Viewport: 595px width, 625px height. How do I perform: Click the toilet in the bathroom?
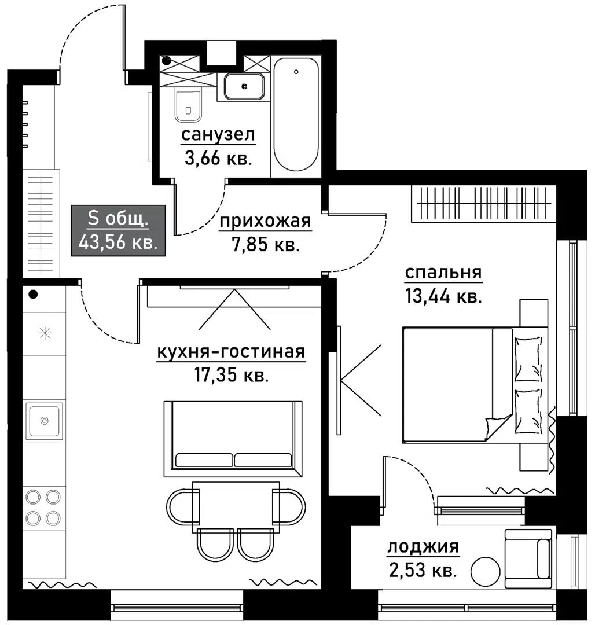(188, 106)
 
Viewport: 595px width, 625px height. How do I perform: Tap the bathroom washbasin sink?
(244, 86)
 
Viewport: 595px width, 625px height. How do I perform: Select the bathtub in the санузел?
(296, 115)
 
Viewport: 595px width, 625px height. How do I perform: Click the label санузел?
(218, 135)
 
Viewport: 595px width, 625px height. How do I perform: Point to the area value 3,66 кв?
(218, 158)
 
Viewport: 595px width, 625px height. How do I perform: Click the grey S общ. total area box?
(118, 230)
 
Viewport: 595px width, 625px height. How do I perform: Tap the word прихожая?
(265, 221)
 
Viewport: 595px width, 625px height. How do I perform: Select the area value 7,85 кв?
(266, 244)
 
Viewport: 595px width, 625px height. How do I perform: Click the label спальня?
(443, 273)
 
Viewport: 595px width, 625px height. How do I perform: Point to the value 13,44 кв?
(443, 296)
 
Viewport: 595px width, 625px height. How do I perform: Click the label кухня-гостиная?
(231, 352)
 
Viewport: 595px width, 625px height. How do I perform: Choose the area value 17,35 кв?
(231, 375)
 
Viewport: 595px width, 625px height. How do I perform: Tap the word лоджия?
(423, 546)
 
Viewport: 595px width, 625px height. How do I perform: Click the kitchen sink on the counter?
(44, 421)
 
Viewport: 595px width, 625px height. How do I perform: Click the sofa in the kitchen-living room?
(233, 439)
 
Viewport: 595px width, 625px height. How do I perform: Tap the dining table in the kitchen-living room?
(236, 507)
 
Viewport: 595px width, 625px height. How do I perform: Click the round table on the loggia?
(485, 572)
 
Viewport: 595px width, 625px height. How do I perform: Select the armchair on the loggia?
(528, 558)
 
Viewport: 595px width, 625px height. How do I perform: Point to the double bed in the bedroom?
(475, 385)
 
